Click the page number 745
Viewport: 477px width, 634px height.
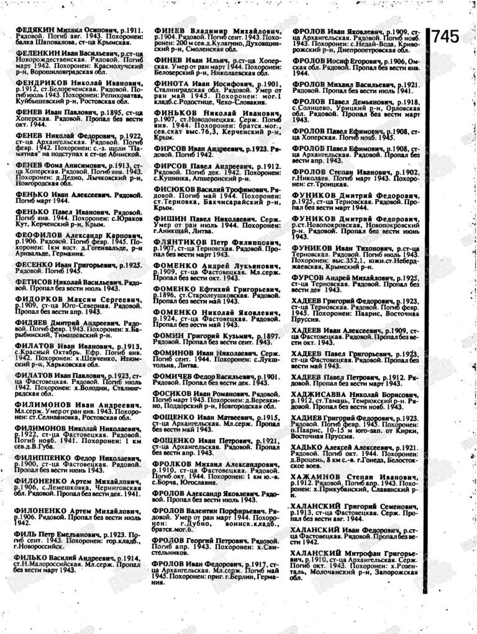pos(445,37)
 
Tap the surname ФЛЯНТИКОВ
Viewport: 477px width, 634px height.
pos(178,237)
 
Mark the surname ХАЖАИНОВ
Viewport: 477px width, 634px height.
pos(319,478)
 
